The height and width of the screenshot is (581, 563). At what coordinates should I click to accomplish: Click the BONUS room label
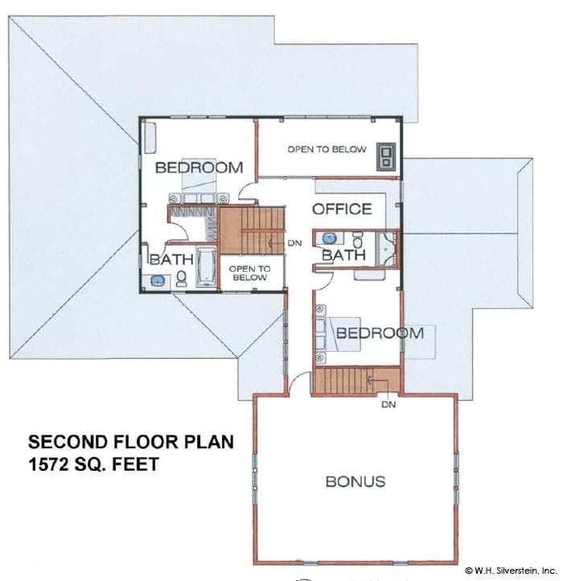coord(355,481)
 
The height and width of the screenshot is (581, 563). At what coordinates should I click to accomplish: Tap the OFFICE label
coord(342,209)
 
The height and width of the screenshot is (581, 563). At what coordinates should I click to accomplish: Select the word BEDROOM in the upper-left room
coord(199,167)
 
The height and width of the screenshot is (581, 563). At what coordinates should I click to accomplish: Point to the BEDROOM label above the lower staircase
coord(380,332)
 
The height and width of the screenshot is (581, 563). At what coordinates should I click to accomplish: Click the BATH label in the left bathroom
coord(172,259)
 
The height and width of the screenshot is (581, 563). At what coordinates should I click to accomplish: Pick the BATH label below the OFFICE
coord(343,255)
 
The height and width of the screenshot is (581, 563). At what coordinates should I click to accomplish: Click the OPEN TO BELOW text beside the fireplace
coord(327,150)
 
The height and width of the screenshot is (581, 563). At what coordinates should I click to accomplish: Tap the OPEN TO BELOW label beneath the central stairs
coord(249,273)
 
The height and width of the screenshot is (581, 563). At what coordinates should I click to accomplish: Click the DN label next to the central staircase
coord(295,243)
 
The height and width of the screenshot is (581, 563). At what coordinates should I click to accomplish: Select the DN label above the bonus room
coord(388,405)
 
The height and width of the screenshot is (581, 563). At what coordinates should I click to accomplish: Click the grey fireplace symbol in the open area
coord(386,157)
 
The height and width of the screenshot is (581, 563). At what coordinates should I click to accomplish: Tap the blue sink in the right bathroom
coord(329,238)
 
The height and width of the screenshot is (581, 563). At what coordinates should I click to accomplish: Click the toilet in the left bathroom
coord(182,278)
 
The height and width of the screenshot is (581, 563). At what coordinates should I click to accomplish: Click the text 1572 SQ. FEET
coord(94,464)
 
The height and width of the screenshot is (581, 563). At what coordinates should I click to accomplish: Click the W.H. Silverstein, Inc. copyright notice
coord(512,571)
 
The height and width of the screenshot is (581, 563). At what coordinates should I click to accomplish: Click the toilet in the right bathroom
coord(358,240)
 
